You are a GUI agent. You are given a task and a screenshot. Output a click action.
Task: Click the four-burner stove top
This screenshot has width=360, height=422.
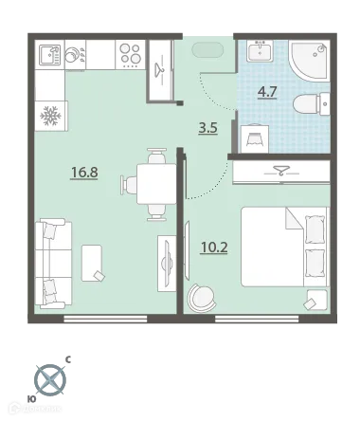pyautogui.click(x=131, y=54)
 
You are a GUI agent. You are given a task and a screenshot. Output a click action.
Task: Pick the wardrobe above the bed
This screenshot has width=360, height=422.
pyautogui.click(x=280, y=173)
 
